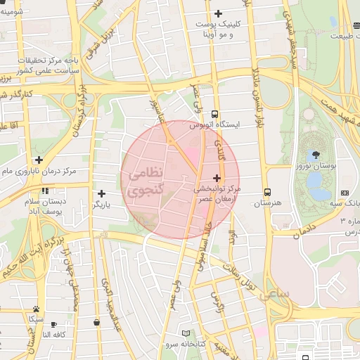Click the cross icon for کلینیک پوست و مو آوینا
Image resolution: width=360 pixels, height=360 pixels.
point(218,13)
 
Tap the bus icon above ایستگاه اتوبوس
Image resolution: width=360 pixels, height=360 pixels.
point(214,114)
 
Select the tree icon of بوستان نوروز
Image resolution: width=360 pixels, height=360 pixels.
point(314,155)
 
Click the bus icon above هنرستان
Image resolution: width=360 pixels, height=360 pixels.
point(267,192)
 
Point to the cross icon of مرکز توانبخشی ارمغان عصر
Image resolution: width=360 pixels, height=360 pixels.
point(216,179)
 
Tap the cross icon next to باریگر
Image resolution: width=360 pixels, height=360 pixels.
point(102,193)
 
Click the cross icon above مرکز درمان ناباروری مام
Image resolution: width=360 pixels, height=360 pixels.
point(39,160)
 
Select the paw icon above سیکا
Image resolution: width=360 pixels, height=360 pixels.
point(35,309)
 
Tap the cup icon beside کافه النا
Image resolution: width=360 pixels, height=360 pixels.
point(96,323)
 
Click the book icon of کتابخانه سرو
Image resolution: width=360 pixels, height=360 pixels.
point(186,333)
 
